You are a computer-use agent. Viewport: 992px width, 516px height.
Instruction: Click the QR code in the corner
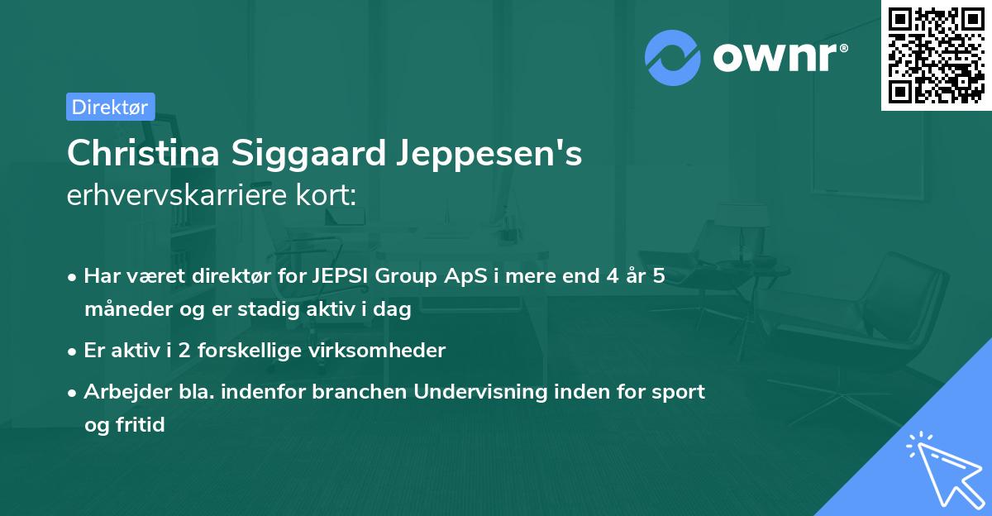pos(936,55)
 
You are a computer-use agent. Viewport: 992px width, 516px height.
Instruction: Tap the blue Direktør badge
pos(110,107)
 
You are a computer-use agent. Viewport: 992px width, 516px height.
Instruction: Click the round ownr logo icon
pos(673,58)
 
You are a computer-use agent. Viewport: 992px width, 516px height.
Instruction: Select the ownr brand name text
pos(779,58)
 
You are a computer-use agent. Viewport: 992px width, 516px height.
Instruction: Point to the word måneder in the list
pos(123,311)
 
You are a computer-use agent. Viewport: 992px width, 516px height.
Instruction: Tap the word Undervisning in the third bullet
pos(480,392)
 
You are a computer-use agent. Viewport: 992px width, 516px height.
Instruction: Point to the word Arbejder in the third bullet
pos(120,392)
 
